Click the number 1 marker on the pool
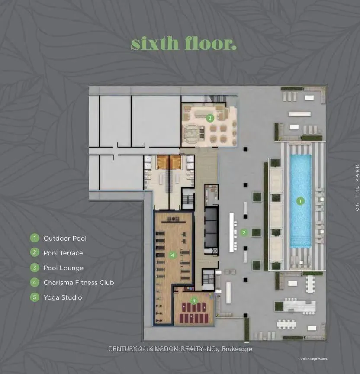click(299, 201)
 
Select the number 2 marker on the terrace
click(244, 233)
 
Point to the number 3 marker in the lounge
click(210, 118)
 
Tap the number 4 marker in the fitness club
click(172, 255)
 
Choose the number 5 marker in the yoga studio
click(194, 300)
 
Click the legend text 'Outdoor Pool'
click(65, 239)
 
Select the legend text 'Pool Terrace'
click(63, 253)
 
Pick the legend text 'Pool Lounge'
click(63, 268)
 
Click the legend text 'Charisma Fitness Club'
click(79, 283)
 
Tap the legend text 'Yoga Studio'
click(62, 297)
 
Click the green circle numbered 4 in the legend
click(34, 283)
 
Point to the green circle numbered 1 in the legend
click(34, 239)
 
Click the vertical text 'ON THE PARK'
click(357, 188)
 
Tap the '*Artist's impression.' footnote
click(312, 359)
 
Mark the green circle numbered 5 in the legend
click(34, 297)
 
